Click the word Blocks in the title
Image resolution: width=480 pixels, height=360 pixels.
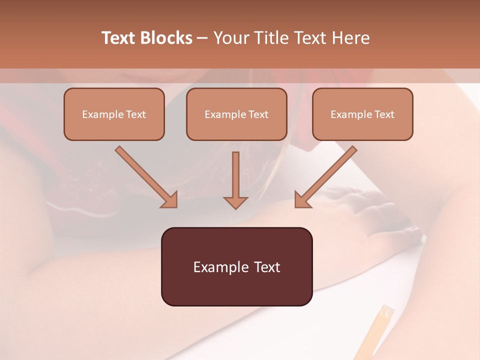tap(167, 38)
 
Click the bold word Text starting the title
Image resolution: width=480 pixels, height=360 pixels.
tap(120, 38)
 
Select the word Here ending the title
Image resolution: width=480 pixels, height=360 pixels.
tap(352, 38)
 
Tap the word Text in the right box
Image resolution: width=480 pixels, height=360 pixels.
tap(384, 114)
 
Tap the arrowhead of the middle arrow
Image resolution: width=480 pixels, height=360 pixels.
tap(235, 202)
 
